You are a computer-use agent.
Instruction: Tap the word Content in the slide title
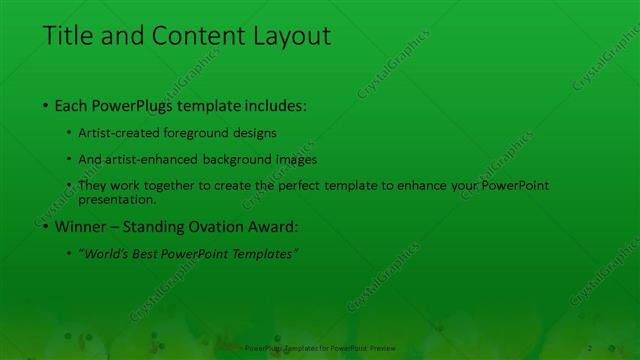click(192, 36)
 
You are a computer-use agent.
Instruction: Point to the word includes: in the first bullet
click(272, 105)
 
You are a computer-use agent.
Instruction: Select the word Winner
click(81, 227)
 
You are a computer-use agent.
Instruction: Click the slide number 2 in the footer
click(590, 347)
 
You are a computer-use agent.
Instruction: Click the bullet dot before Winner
click(46, 227)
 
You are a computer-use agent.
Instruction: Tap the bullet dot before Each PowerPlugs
click(46, 105)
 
